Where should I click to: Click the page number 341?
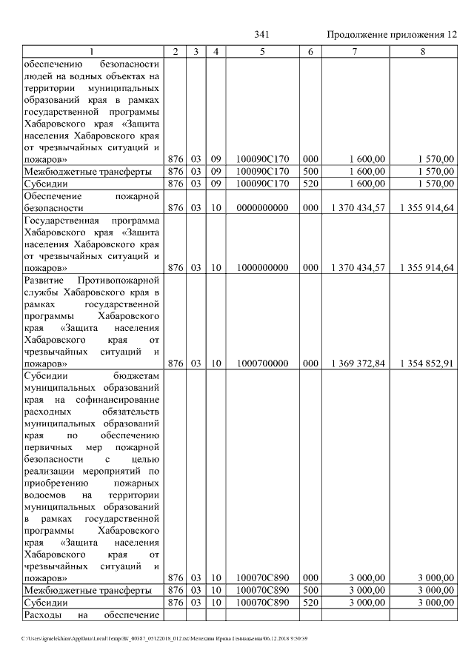coord(261,36)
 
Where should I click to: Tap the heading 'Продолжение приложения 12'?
coord(390,36)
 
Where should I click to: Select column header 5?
coord(262,51)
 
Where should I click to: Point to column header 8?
coord(423,51)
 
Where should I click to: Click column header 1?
coord(92,51)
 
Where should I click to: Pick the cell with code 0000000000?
coord(262,210)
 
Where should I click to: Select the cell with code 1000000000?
coord(262,267)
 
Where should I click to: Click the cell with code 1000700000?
coord(262,364)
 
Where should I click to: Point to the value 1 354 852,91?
coord(427,364)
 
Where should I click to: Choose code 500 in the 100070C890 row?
coord(310,590)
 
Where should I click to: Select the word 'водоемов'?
coord(45,494)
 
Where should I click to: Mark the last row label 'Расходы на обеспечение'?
coord(92,615)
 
